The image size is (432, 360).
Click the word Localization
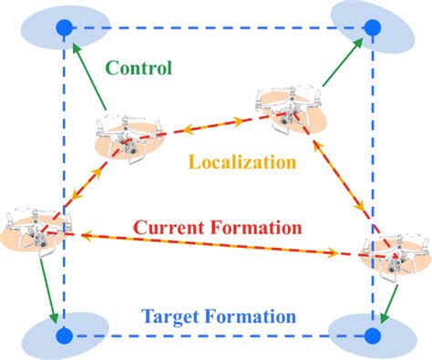point(242,163)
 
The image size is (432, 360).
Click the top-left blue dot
point(63,29)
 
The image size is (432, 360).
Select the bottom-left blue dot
point(63,336)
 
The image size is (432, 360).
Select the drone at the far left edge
point(32,229)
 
